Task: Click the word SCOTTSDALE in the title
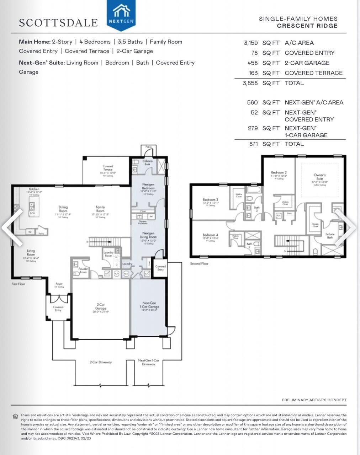click(58, 23)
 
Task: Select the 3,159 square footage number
click(251, 43)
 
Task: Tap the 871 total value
click(253, 144)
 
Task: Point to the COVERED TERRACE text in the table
click(313, 73)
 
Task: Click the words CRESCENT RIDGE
click(307, 26)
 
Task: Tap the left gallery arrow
click(11, 227)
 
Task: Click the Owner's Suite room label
click(319, 177)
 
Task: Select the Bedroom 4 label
click(210, 235)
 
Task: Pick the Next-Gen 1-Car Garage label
click(149, 305)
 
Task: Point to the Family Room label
click(100, 209)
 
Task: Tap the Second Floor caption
click(199, 264)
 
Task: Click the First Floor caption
click(18, 284)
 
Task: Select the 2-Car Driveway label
click(101, 362)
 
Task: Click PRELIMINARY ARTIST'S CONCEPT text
click(314, 400)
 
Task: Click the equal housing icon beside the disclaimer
click(15, 416)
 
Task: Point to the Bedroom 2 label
click(279, 173)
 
